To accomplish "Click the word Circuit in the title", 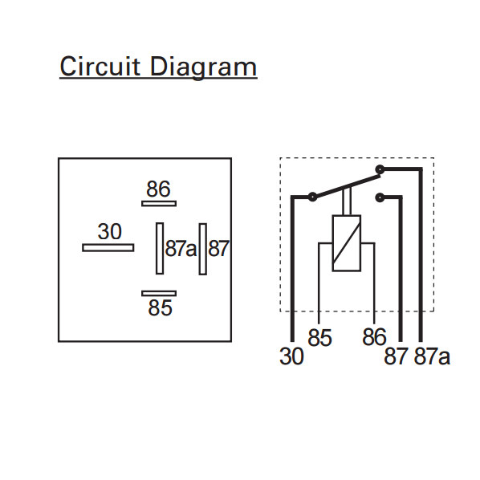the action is click(x=100, y=66).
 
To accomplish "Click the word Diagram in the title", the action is click(x=203, y=68).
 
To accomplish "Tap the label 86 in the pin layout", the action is click(x=158, y=189).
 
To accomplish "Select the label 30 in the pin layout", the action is click(x=110, y=231).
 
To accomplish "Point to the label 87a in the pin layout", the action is click(x=181, y=248).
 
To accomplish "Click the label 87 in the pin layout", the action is click(x=218, y=248).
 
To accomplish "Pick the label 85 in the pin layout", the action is click(x=160, y=307).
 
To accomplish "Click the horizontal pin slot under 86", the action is click(x=159, y=204).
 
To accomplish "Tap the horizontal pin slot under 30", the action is click(x=108, y=248).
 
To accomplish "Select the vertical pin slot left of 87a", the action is click(x=160, y=248).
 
